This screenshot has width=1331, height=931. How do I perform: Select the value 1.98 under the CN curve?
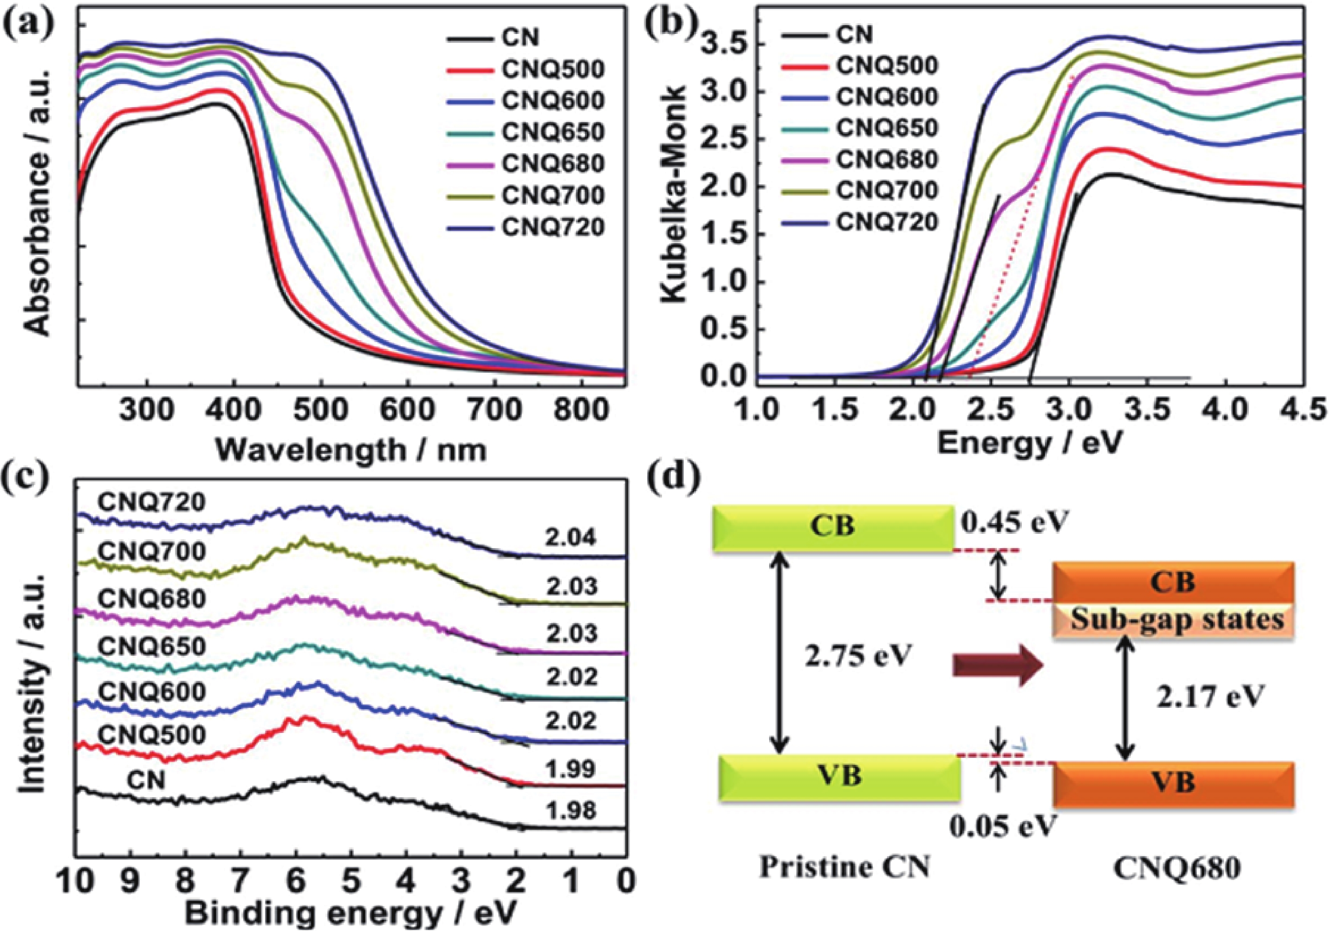pyautogui.click(x=570, y=810)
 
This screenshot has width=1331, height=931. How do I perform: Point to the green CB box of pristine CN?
pyautogui.click(x=833, y=528)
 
